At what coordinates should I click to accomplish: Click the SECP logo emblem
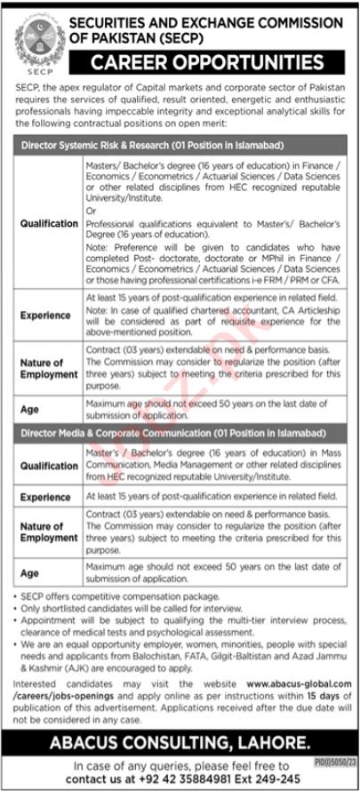pos(31,35)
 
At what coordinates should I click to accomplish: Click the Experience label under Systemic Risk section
pos(46,315)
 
